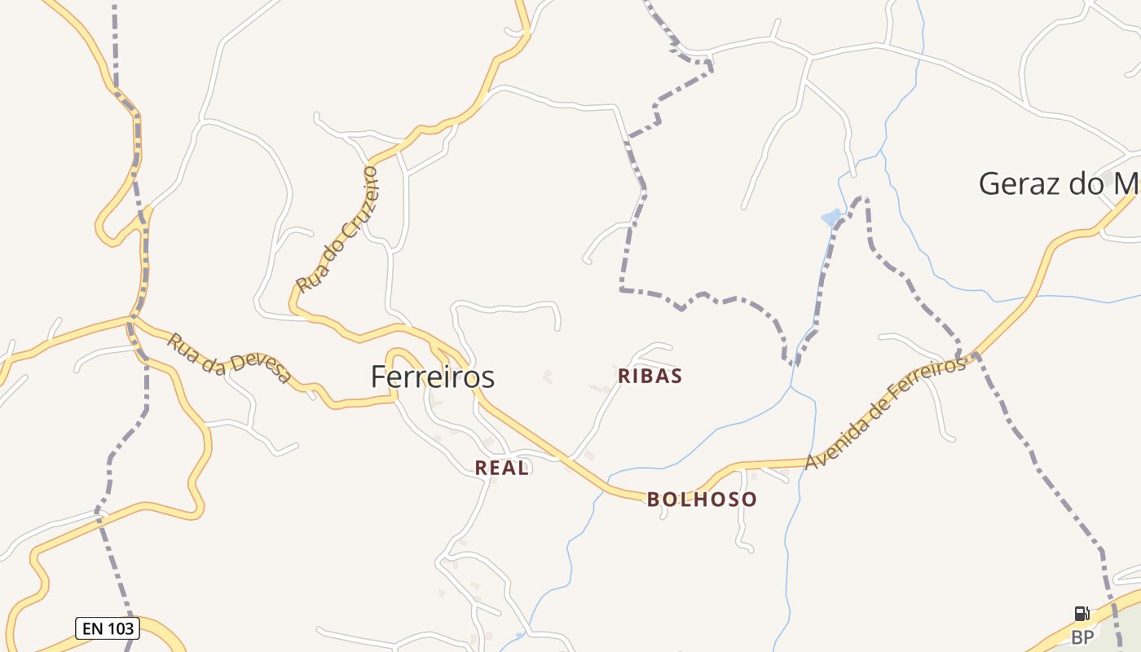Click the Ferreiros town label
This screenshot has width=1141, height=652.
pos(432,377)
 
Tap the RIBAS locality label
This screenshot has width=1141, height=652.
pos(650,376)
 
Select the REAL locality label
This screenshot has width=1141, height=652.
pos(502,468)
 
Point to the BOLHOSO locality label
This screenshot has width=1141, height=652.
pos(702,500)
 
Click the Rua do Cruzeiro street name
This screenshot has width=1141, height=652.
pos(337,230)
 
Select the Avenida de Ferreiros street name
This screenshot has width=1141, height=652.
pos(885,413)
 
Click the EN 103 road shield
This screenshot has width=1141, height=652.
pos(108,628)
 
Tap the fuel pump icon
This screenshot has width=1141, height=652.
pos(1082,614)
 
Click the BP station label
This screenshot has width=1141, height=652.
pos(1082,637)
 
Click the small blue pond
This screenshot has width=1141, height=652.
pos(831,218)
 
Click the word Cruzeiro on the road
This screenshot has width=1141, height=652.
pos(356,203)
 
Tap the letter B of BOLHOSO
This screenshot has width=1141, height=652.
pos(653,500)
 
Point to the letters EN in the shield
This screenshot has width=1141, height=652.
pos(90,628)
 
